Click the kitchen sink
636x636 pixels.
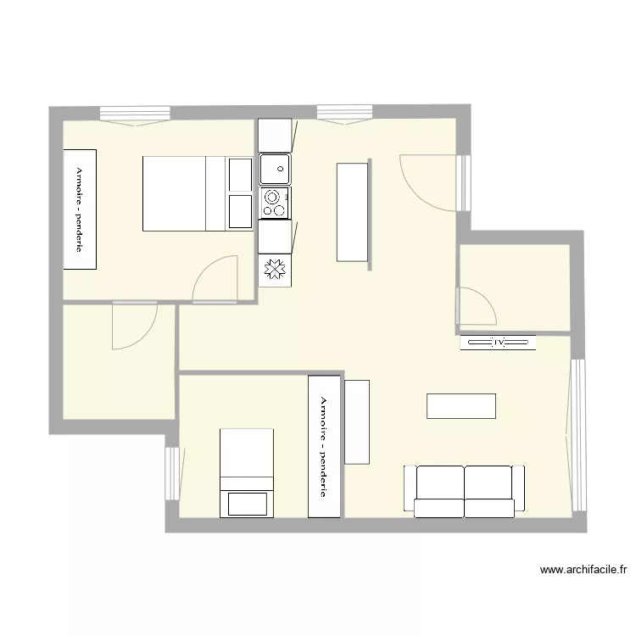pyautogui.click(x=275, y=169)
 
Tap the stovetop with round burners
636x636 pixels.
pyautogui.click(x=275, y=202)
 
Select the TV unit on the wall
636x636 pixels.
pyautogui.click(x=499, y=343)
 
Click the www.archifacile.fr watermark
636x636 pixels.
pyautogui.click(x=583, y=571)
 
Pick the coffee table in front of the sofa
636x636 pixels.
pyautogui.click(x=461, y=405)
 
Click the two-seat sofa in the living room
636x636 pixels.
pyautogui.click(x=464, y=492)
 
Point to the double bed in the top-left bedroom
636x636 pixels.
pyautogui.click(x=175, y=193)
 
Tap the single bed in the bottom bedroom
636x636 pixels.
pyautogui.click(x=248, y=472)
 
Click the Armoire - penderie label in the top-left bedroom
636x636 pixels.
pyautogui.click(x=80, y=209)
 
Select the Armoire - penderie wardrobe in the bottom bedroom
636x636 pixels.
pyautogui.click(x=324, y=446)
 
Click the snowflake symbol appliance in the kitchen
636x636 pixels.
pyautogui.click(x=275, y=270)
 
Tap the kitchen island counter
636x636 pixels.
pyautogui.click(x=353, y=212)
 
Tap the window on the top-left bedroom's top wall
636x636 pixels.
pyautogui.click(x=136, y=114)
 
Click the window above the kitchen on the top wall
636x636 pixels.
pyautogui.click(x=344, y=113)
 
